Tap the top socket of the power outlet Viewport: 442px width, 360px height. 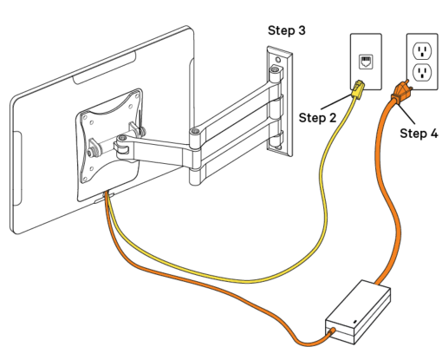point(422,48)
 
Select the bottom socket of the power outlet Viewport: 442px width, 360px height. point(422,72)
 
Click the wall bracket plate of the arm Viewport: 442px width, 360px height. point(276,104)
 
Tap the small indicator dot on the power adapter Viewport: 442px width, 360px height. point(356,324)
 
